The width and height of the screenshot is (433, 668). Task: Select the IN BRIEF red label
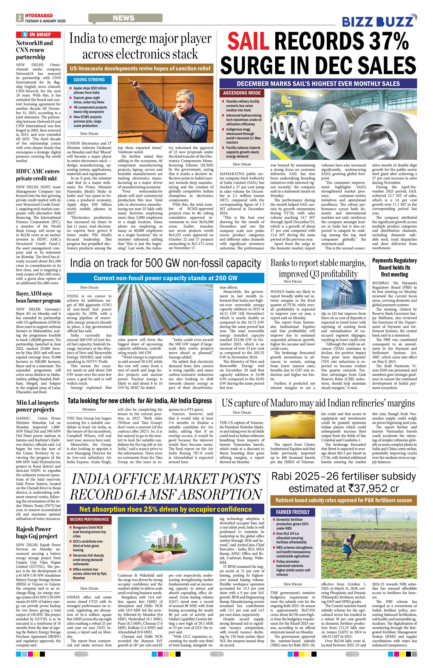38,34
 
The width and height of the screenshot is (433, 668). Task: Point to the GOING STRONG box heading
89,80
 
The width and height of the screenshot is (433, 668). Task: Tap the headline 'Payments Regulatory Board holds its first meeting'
394,268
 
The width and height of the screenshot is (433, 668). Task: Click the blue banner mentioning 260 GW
165,278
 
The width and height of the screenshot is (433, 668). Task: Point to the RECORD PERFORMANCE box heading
89,519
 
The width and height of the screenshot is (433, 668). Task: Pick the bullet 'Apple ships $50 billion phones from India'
90,90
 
